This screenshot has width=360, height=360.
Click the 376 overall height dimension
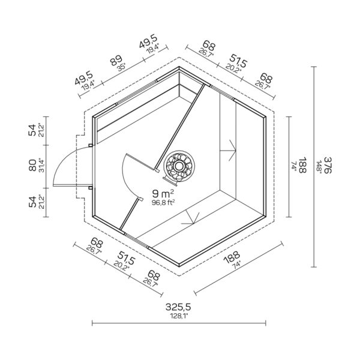328,165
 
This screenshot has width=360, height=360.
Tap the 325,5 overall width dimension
178,307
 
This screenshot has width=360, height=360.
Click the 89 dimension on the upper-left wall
116,61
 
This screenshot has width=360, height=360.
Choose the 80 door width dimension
32,165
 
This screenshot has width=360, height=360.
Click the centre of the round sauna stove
179,166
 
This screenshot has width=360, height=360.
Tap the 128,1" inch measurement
179,316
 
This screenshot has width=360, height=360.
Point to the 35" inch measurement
121,67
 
